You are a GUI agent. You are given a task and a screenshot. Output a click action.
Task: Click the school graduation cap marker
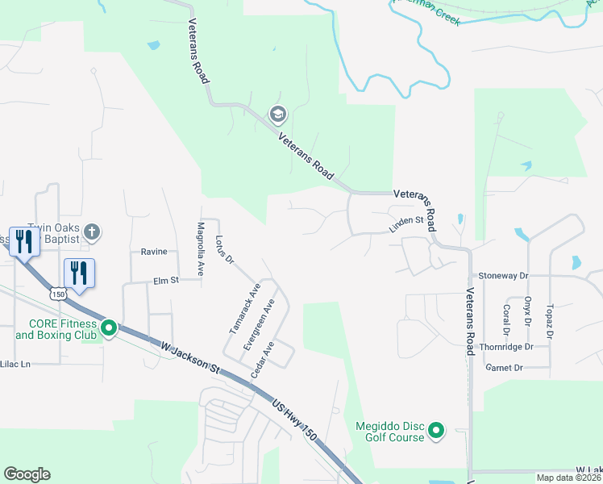[x=278, y=114]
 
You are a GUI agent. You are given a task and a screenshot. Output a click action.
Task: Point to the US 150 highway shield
[x=57, y=294]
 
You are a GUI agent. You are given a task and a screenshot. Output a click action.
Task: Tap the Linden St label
[x=406, y=223]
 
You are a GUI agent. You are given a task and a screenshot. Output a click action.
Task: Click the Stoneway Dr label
[x=502, y=276]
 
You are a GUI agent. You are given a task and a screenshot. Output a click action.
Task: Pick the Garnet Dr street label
[x=504, y=368]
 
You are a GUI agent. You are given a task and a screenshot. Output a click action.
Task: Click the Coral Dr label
[x=506, y=319]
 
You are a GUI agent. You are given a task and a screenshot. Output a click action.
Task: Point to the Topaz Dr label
[x=549, y=320]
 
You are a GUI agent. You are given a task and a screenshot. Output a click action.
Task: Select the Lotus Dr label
[x=224, y=250]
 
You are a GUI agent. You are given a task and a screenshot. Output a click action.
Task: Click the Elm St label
[x=164, y=282]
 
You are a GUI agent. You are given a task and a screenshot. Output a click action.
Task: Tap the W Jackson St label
[x=190, y=356]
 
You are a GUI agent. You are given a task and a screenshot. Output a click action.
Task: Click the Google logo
[x=27, y=474]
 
